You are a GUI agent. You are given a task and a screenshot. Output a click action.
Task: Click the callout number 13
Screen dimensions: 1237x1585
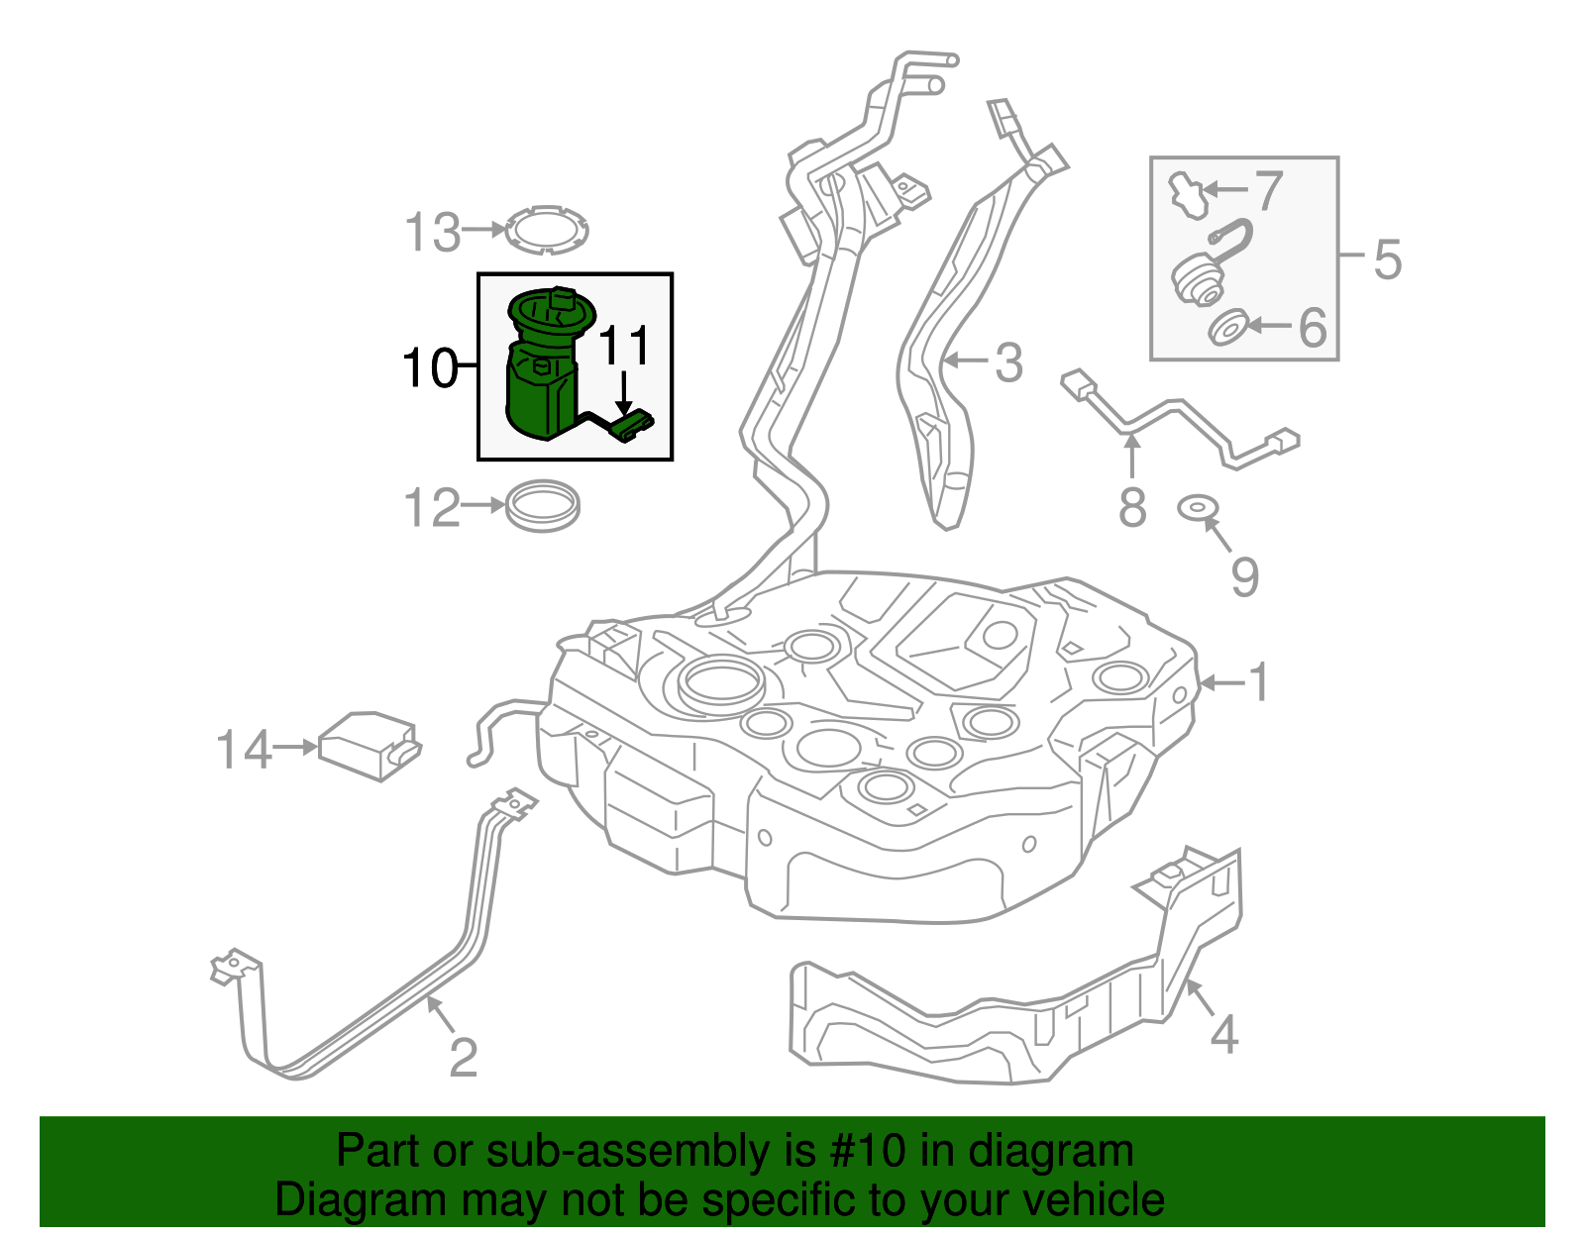pyautogui.click(x=433, y=233)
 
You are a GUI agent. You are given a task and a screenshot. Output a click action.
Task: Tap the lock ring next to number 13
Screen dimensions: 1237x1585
pyautogui.click(x=546, y=230)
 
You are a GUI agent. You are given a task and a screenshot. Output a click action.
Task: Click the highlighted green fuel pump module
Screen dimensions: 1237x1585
pyautogui.click(x=543, y=371)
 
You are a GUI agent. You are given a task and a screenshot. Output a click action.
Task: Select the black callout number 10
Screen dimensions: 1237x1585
pyautogui.click(x=430, y=368)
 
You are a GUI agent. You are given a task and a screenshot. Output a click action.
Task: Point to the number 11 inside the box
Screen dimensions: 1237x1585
pyautogui.click(x=625, y=347)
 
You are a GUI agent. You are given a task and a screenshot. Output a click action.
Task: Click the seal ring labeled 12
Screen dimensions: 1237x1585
pyautogui.click(x=543, y=505)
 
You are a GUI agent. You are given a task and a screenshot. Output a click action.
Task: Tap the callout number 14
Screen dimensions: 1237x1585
pyautogui.click(x=244, y=750)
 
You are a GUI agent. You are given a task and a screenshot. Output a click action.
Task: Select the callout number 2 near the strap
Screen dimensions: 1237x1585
pyautogui.click(x=464, y=1057)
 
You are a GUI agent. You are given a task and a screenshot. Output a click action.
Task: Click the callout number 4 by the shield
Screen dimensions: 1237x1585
pyautogui.click(x=1224, y=1035)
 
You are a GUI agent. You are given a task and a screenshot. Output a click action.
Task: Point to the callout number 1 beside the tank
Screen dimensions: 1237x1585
pyautogui.click(x=1258, y=682)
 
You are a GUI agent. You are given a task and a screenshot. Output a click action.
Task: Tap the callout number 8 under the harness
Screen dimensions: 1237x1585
pyautogui.click(x=1132, y=507)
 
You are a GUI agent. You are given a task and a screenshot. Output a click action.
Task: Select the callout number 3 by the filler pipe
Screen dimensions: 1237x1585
pyautogui.click(x=1008, y=362)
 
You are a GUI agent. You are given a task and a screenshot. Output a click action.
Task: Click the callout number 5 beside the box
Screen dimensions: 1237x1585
pyautogui.click(x=1387, y=259)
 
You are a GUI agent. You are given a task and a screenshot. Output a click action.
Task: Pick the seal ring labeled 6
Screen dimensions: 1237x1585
pyautogui.click(x=1229, y=328)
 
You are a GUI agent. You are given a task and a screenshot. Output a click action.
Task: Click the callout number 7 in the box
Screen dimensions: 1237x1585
pyautogui.click(x=1268, y=191)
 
